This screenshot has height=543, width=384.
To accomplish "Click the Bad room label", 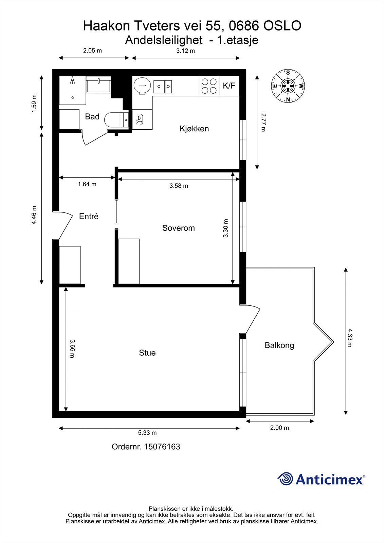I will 92,117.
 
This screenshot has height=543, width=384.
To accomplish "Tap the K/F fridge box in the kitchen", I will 229,86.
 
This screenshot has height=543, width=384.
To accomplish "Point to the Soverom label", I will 178,228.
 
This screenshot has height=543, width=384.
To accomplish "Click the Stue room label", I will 147,353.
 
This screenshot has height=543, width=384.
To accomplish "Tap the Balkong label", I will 279,345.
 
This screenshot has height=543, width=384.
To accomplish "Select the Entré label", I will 89,216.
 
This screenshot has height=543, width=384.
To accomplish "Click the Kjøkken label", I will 194,129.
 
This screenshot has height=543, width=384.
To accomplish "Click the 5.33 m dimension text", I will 147,433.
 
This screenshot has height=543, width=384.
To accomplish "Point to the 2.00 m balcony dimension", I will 279,428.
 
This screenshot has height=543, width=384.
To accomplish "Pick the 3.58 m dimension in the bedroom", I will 179,186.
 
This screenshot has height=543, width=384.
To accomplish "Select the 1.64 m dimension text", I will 87,184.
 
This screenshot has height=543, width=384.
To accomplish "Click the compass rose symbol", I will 288,86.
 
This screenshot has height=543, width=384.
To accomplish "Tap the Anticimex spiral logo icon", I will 286,479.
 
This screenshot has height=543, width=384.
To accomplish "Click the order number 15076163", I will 162,447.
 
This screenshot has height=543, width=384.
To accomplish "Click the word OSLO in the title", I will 282,26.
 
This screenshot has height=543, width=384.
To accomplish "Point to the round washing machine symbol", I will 141,86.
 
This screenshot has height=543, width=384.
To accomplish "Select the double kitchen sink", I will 163,86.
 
